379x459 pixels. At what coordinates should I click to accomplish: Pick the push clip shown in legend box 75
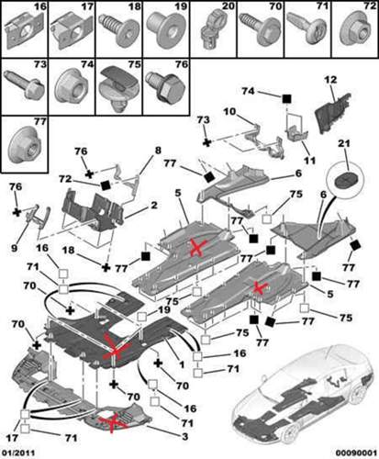pos(119,88)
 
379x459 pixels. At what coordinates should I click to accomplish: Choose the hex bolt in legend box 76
pos(165,87)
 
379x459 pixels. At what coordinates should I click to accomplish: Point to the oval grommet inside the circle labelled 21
pos(345,179)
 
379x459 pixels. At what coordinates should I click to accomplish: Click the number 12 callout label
pos(331,80)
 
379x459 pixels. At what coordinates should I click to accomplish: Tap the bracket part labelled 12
pos(333,113)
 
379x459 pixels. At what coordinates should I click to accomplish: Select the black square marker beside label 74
pos(286,98)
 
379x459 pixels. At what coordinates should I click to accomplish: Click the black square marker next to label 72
pos(106,185)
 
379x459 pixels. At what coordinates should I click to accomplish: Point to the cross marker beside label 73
pos(207,142)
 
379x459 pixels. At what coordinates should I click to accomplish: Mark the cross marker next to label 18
pos(106,267)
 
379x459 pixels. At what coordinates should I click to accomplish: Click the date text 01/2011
pos(17,453)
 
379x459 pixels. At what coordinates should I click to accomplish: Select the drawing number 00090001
pos(356,453)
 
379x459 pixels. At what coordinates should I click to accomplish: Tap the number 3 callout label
pos(184,436)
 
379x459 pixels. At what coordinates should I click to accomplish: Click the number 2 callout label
pos(154,206)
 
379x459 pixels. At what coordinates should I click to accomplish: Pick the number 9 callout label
pos(14,248)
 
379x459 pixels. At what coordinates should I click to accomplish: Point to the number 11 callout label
pos(309,160)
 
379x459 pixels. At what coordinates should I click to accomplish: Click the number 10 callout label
pos(229,111)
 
